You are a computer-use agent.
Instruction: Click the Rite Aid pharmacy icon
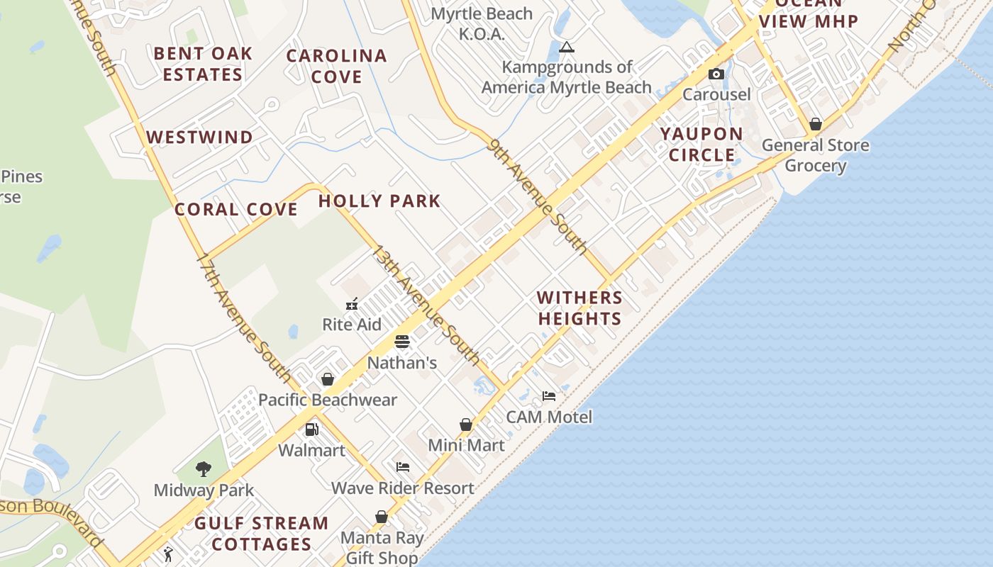(352, 305)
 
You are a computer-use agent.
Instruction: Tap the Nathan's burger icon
(402, 342)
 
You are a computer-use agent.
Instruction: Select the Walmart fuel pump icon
(311, 430)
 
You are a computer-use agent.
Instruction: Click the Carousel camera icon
(716, 74)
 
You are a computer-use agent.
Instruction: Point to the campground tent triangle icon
(566, 47)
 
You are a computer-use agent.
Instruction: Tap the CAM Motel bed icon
(549, 395)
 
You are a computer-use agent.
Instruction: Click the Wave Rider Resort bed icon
(403, 467)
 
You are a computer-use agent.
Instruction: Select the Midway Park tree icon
(204, 468)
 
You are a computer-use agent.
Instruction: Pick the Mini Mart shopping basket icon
(466, 425)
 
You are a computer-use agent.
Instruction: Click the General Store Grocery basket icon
(816, 124)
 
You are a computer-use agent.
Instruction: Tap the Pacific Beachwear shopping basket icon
(328, 379)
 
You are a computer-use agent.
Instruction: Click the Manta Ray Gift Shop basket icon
(382, 517)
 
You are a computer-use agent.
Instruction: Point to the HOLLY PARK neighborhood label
(379, 201)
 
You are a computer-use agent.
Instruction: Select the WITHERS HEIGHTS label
(579, 308)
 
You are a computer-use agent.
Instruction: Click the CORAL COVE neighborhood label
(236, 210)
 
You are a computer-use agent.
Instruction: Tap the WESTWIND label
(199, 137)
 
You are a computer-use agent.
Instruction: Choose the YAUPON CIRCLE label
(702, 145)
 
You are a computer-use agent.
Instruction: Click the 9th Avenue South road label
(539, 196)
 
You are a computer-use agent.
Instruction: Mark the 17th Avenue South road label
(243, 317)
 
